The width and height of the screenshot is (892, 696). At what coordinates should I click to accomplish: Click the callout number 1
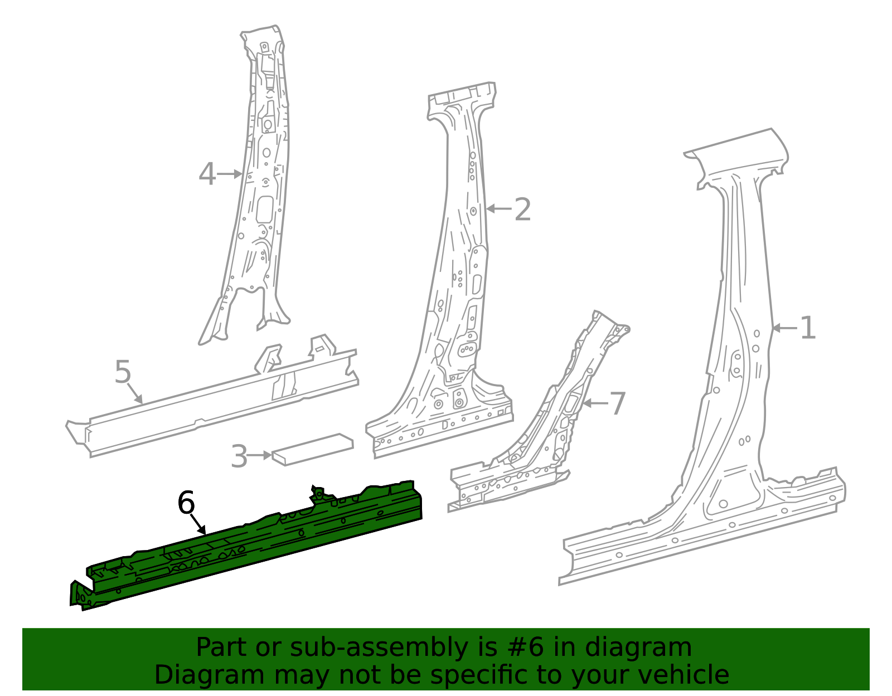pyautogui.click(x=808, y=328)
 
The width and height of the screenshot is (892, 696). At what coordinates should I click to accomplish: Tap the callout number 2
pyautogui.click(x=522, y=210)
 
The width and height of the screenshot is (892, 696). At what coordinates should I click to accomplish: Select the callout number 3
pyautogui.click(x=239, y=456)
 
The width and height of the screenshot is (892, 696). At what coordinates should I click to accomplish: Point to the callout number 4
pyautogui.click(x=207, y=174)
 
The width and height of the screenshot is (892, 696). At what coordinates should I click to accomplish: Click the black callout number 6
pyautogui.click(x=186, y=503)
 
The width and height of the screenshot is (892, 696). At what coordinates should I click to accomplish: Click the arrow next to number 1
pyautogui.click(x=784, y=328)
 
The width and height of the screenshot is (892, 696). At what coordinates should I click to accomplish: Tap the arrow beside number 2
pyautogui.click(x=499, y=209)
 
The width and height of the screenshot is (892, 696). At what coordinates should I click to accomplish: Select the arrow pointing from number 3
pyautogui.click(x=260, y=455)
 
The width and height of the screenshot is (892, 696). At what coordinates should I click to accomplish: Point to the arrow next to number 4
pyautogui.click(x=229, y=174)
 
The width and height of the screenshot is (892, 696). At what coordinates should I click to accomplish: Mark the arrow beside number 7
pyautogui.click(x=595, y=403)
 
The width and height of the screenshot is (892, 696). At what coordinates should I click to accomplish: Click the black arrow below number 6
pyautogui.click(x=198, y=524)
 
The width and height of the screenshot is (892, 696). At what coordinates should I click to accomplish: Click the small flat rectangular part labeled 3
pyautogui.click(x=313, y=449)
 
